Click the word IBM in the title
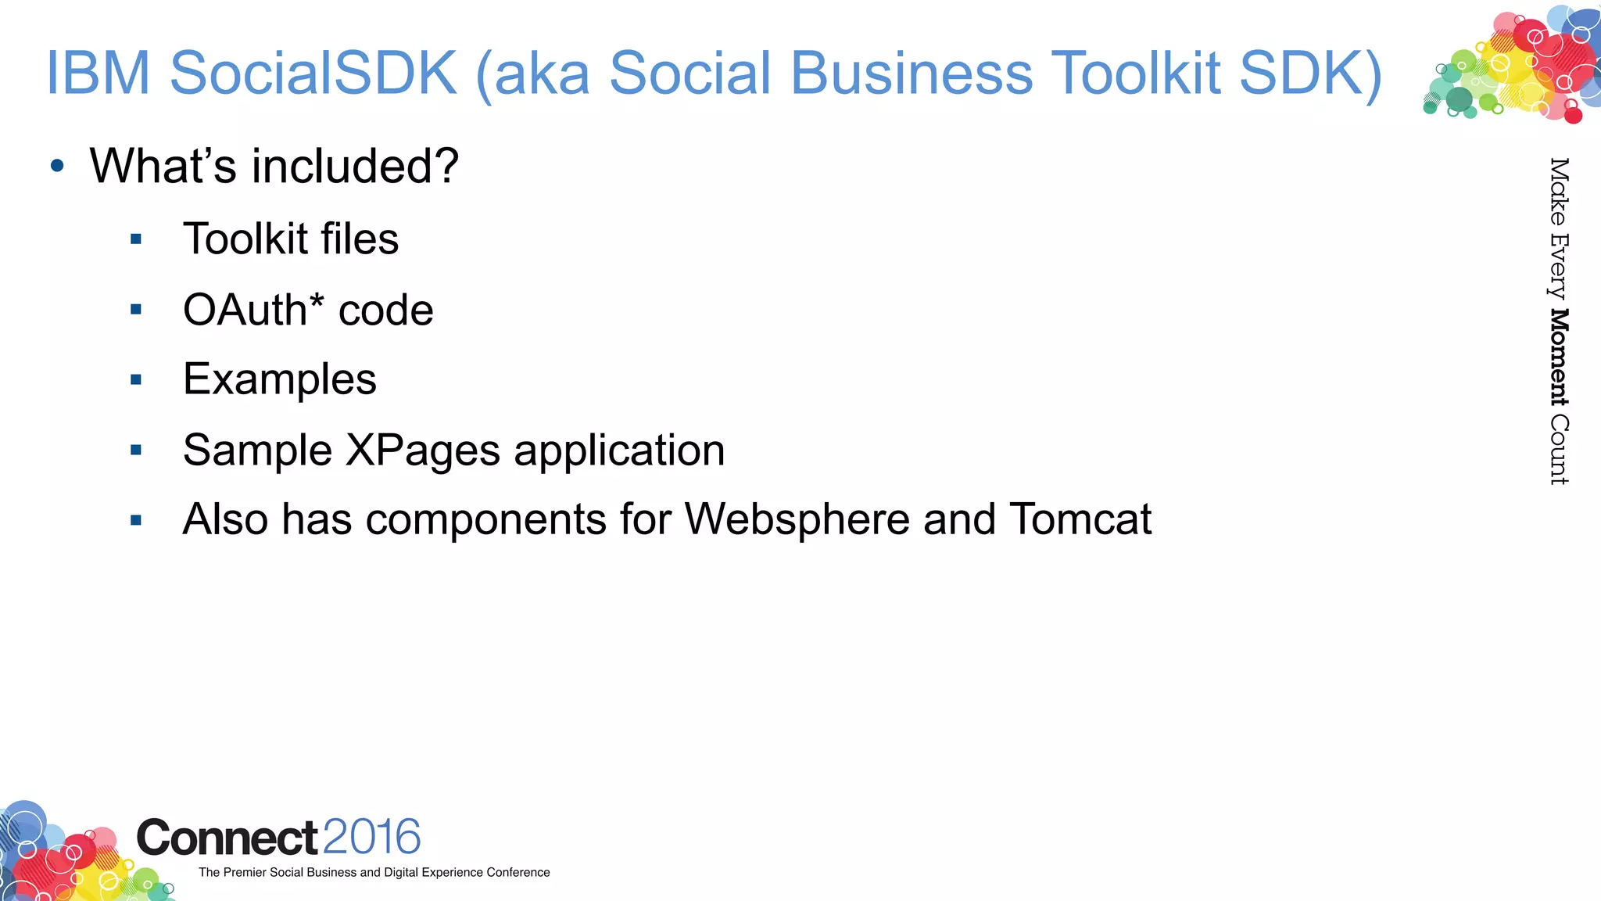click(98, 73)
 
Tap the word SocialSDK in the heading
click(313, 73)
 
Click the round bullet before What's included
click(57, 166)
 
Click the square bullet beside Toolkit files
click(136, 239)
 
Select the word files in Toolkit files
click(359, 239)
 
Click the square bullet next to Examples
click(136, 380)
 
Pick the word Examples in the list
click(279, 380)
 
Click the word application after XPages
click(619, 450)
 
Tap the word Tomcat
click(1080, 519)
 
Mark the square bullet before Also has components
click(136, 520)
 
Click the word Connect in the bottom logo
click(227, 838)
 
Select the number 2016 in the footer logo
click(371, 837)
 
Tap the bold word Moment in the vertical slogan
click(1559, 357)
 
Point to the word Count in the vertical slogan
click(1559, 450)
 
